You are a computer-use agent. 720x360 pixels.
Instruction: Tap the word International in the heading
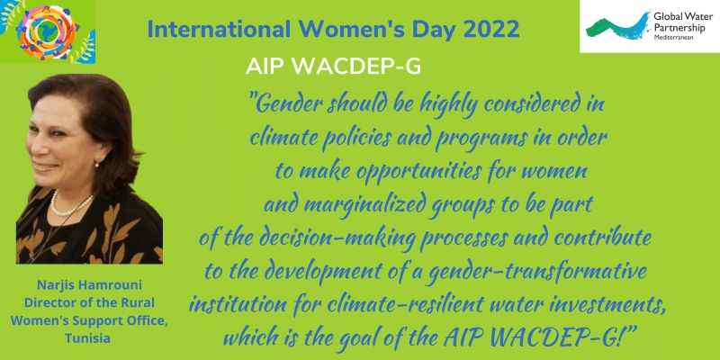coord(219,29)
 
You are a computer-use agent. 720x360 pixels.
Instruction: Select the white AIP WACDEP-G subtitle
coord(333,67)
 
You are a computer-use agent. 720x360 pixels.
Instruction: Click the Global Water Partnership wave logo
coord(618,26)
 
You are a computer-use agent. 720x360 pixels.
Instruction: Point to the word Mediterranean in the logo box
coord(673,37)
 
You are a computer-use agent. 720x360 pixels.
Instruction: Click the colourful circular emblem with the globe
coord(48,31)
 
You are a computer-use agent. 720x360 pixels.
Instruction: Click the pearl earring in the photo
coord(97,163)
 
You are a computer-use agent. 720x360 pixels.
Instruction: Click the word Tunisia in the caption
coord(87,339)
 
